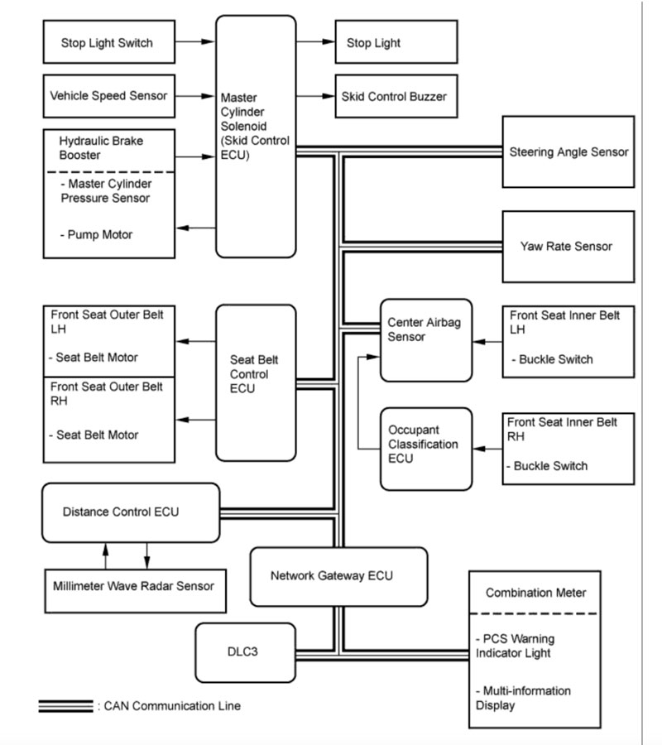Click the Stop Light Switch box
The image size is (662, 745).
(x=108, y=41)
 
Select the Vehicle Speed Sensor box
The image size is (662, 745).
(x=108, y=96)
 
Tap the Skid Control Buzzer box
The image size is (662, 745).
(x=395, y=96)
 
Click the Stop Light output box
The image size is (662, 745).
(x=395, y=41)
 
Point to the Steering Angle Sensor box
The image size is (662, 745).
(x=568, y=151)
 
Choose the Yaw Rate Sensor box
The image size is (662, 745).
(x=568, y=246)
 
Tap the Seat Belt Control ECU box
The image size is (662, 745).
(x=256, y=382)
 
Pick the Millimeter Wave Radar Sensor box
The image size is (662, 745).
(x=131, y=586)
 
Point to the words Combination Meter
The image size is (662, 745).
(x=535, y=593)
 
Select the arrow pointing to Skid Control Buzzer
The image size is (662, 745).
(x=314, y=96)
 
